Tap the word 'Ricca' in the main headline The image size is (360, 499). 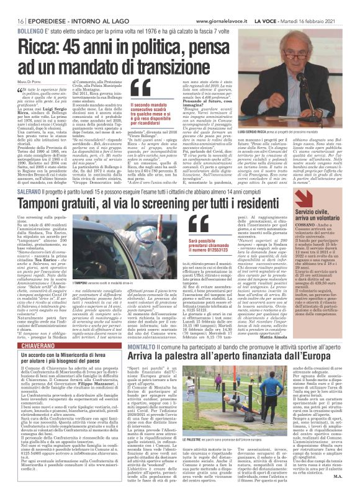point(38,48)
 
